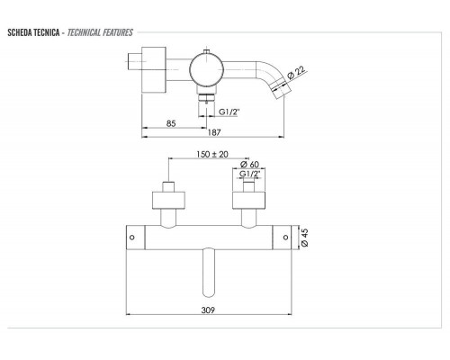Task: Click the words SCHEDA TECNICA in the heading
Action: [x=33, y=33]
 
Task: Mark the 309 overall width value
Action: [x=210, y=306]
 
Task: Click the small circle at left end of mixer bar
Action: [x=131, y=238]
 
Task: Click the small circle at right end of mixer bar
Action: [x=286, y=238]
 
